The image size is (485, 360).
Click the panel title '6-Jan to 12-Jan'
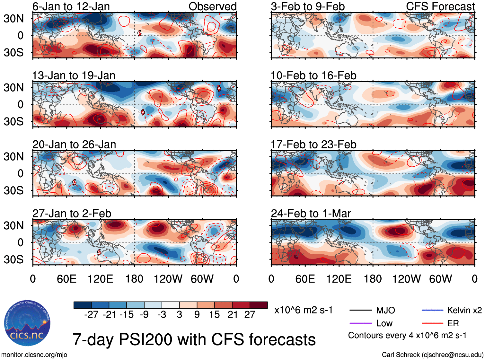coord(71,6)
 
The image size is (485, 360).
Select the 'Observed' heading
coord(212,6)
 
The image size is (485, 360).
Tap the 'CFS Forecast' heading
coord(440,6)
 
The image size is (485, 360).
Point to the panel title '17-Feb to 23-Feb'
coord(313,145)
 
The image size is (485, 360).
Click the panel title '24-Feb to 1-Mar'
coord(311,214)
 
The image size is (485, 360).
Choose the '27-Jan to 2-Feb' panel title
coord(72,214)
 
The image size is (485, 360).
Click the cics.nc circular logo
coord(27,323)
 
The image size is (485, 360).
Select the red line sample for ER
coord(432,323)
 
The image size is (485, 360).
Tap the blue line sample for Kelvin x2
coord(432,310)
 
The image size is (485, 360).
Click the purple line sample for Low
coord(360,323)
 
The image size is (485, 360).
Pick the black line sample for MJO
coord(360,310)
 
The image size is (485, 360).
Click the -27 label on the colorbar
coord(91,315)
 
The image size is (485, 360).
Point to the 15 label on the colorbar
coord(214,315)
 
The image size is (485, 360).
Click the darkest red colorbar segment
coord(259,305)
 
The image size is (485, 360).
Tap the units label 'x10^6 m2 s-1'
coord(303,310)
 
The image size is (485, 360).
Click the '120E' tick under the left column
coord(100,279)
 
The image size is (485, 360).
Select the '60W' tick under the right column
coord(440,279)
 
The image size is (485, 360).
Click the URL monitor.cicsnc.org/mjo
coord(34,355)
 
